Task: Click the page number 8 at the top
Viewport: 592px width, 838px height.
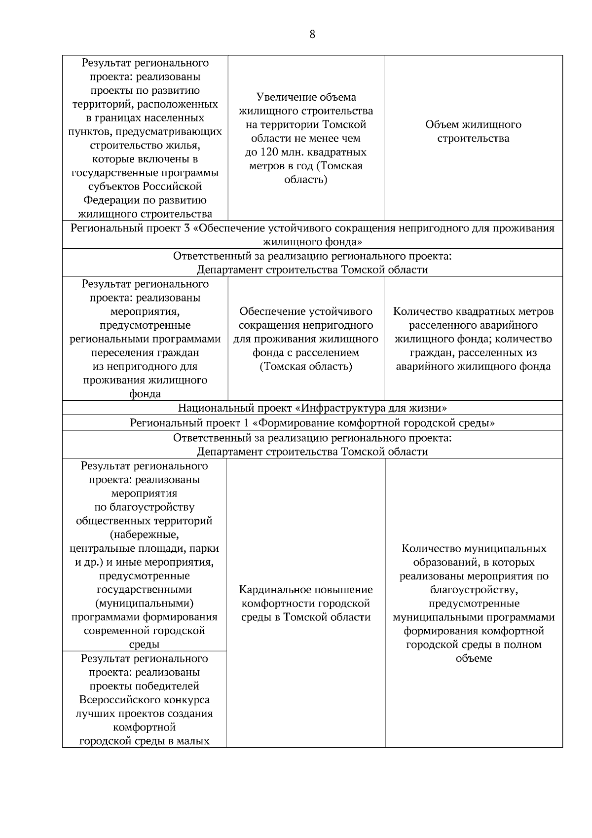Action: (312, 34)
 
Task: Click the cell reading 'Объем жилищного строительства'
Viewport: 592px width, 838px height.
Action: (473, 131)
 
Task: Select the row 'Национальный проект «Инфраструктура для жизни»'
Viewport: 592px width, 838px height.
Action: (312, 408)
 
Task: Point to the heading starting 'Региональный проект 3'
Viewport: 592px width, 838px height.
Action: (312, 235)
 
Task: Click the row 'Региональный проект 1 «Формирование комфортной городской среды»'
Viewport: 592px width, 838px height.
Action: (312, 423)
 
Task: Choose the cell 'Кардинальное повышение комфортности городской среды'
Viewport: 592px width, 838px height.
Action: (305, 603)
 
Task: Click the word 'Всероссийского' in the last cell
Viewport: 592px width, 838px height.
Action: (145, 700)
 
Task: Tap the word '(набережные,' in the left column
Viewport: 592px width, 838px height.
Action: (145, 535)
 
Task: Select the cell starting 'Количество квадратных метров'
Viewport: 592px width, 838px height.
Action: (473, 339)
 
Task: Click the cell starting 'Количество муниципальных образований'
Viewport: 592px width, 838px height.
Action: (473, 603)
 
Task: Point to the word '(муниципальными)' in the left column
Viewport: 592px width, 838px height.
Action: (145, 603)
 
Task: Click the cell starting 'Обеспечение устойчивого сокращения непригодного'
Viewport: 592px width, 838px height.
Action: (305, 339)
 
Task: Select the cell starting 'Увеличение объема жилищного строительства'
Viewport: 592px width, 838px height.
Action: (305, 138)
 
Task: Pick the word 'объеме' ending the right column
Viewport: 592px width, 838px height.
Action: (474, 658)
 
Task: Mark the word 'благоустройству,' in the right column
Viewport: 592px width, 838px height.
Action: (474, 590)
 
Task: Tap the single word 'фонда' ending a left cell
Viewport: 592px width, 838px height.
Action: (145, 394)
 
